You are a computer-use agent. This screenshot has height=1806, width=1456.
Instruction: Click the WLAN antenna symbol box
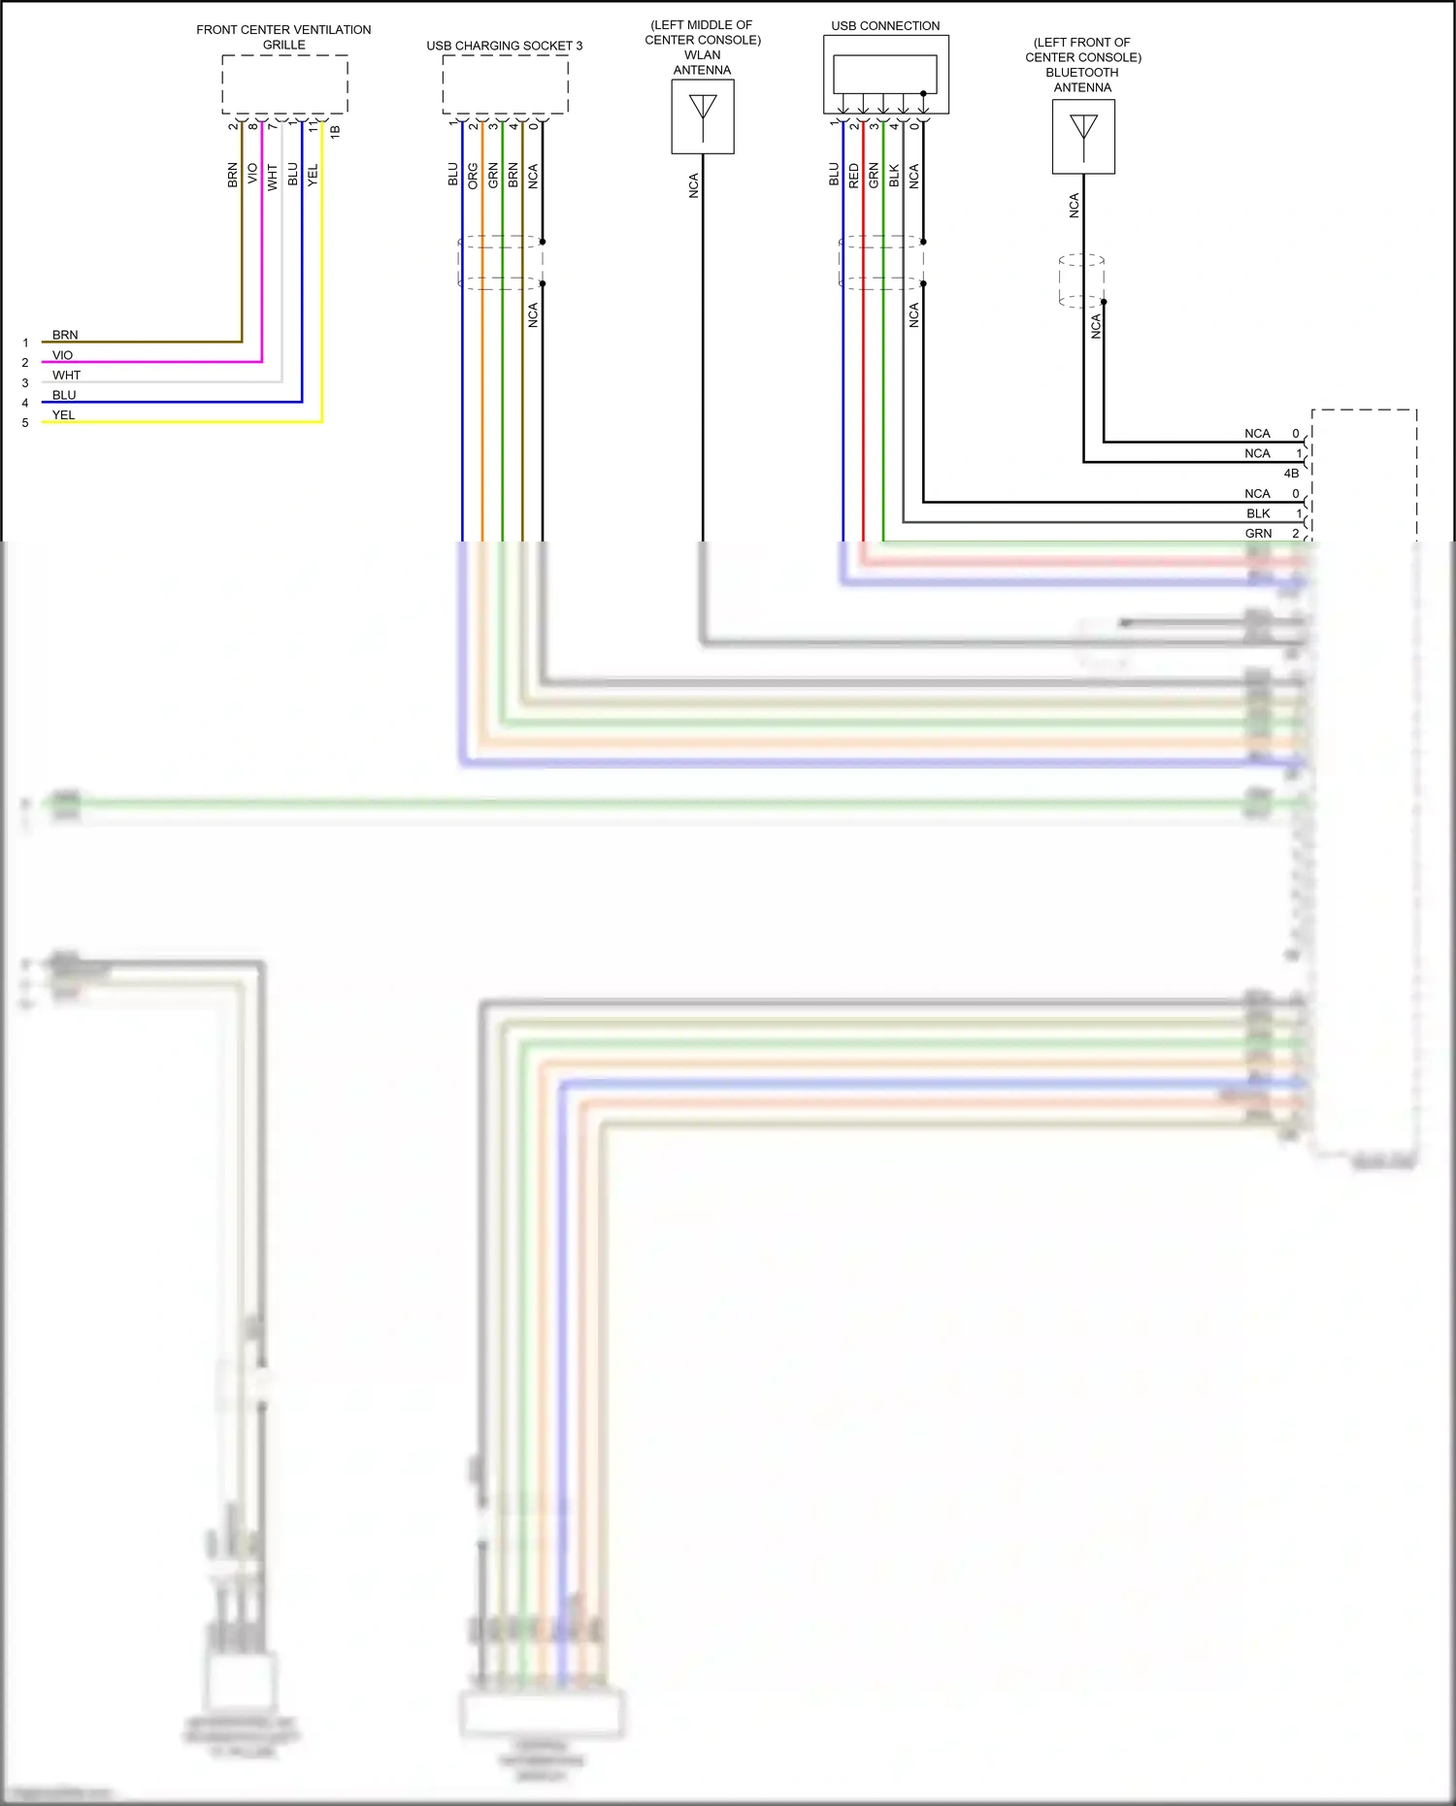point(703,116)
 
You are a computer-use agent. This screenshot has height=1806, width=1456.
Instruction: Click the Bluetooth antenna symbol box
point(1083,137)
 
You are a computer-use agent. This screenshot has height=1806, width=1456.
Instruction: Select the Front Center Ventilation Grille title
point(283,37)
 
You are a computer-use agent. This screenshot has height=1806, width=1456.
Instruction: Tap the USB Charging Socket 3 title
point(505,46)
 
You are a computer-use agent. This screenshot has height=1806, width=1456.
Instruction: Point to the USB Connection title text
point(885,26)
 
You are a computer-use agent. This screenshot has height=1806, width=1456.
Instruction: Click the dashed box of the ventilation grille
point(284,84)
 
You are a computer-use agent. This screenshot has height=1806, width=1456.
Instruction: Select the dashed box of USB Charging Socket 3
point(505,84)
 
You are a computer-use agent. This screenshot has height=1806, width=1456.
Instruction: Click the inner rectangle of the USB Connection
point(884,74)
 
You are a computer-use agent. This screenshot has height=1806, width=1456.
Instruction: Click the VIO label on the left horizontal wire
point(62,355)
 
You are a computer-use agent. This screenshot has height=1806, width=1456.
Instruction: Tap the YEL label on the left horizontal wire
point(63,415)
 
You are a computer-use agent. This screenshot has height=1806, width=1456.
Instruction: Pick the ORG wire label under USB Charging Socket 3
point(473,176)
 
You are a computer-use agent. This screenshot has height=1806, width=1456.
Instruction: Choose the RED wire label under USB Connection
point(854,176)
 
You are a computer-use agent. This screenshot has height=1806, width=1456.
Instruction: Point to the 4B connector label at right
point(1291,474)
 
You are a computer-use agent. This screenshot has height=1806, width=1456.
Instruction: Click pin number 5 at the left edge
point(25,423)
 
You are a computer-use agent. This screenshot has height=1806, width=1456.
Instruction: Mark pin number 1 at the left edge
point(25,343)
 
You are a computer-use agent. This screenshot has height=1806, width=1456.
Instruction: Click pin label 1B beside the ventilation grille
point(335,131)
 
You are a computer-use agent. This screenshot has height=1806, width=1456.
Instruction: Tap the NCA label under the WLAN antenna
point(694,186)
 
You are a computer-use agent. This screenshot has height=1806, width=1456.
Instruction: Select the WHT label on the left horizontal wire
point(67,376)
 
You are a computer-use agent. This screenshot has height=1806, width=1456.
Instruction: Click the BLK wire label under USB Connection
point(894,176)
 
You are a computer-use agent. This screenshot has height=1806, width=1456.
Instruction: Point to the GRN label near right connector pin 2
point(1258,534)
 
